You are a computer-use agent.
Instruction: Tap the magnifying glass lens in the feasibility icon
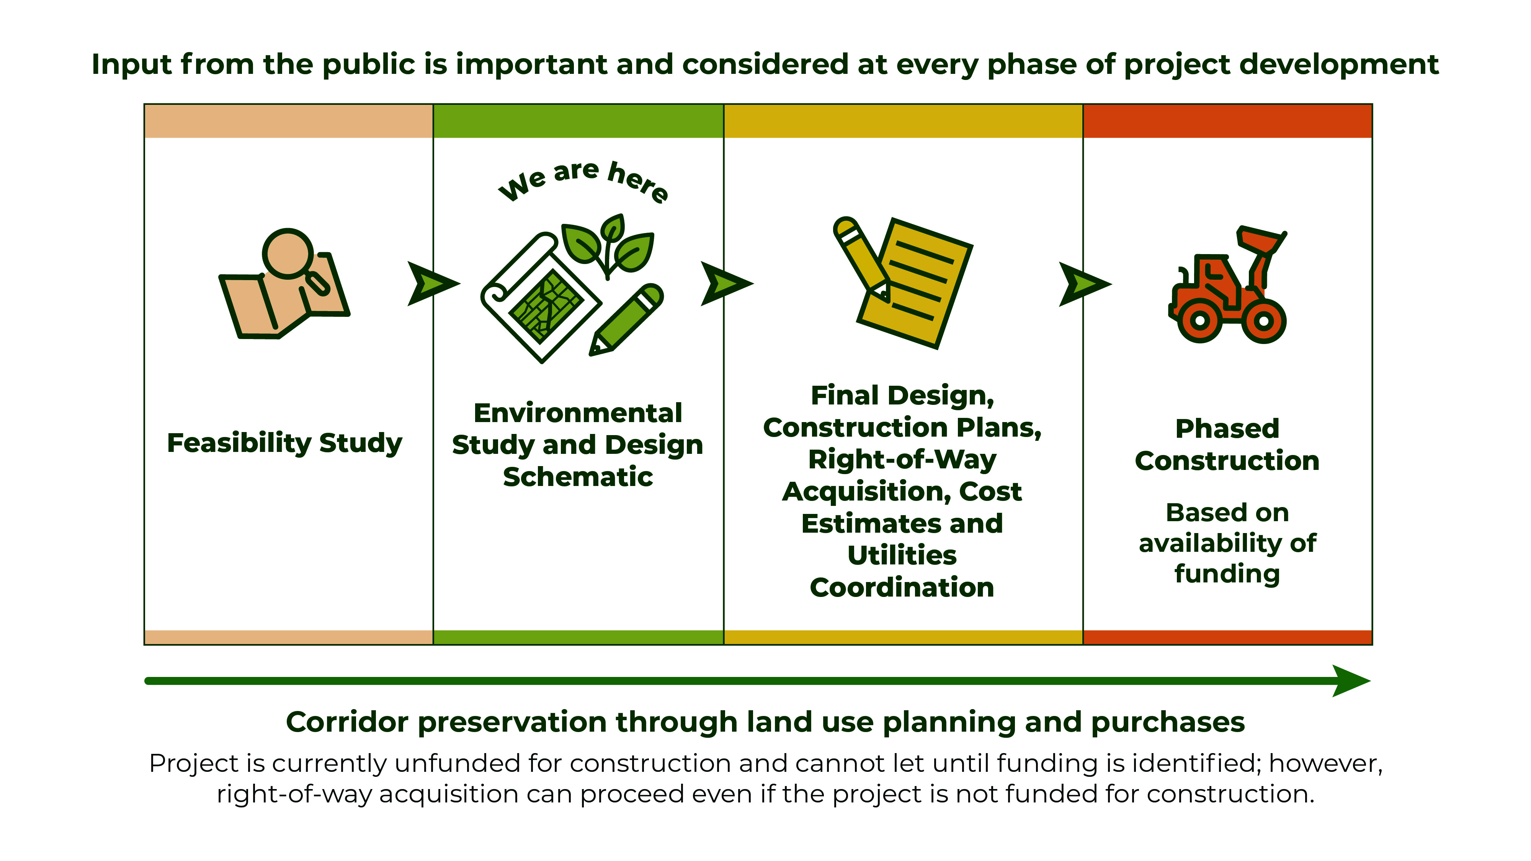pyautogui.click(x=288, y=253)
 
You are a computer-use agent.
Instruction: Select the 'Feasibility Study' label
pyautogui.click(x=285, y=443)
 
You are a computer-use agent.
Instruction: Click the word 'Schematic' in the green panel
pyautogui.click(x=578, y=476)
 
